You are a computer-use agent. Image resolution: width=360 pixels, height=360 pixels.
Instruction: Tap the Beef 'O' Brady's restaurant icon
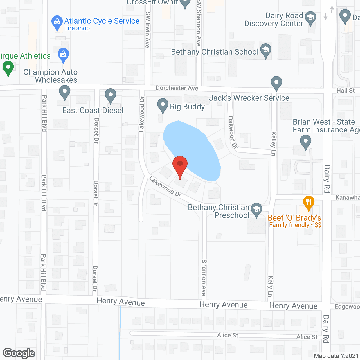(x=309, y=202)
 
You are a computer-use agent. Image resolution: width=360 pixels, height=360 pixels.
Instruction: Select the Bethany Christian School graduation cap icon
(x=266, y=50)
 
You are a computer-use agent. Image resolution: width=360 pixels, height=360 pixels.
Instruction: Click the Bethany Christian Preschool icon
(x=256, y=210)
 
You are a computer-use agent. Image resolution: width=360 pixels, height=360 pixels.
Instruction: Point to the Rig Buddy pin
(x=163, y=105)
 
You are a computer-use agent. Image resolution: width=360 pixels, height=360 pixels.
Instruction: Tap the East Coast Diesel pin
(x=111, y=96)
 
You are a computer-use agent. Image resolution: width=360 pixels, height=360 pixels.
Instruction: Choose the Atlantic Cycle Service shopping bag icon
(x=57, y=22)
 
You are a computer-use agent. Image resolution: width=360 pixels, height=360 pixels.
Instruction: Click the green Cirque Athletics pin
(x=8, y=68)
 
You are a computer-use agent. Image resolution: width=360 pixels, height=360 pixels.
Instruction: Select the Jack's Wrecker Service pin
(x=276, y=83)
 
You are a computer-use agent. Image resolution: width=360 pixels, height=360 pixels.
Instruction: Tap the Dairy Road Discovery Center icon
(x=310, y=18)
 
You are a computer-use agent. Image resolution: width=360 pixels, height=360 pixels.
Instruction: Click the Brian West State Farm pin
(x=306, y=141)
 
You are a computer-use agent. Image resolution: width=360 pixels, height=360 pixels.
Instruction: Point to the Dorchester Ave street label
(x=177, y=88)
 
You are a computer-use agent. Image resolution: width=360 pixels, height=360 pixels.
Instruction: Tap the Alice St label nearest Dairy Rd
(x=307, y=337)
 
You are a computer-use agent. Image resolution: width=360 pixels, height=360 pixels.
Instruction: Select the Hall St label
(x=346, y=91)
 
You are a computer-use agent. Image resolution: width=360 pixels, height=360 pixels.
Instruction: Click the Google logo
(x=19, y=353)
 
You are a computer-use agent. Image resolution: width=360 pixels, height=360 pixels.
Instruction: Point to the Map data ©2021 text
(x=336, y=356)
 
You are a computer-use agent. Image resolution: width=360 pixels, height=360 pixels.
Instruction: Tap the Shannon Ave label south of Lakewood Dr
(x=204, y=277)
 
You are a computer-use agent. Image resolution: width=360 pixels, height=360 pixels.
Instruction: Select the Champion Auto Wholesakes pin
(x=65, y=93)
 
